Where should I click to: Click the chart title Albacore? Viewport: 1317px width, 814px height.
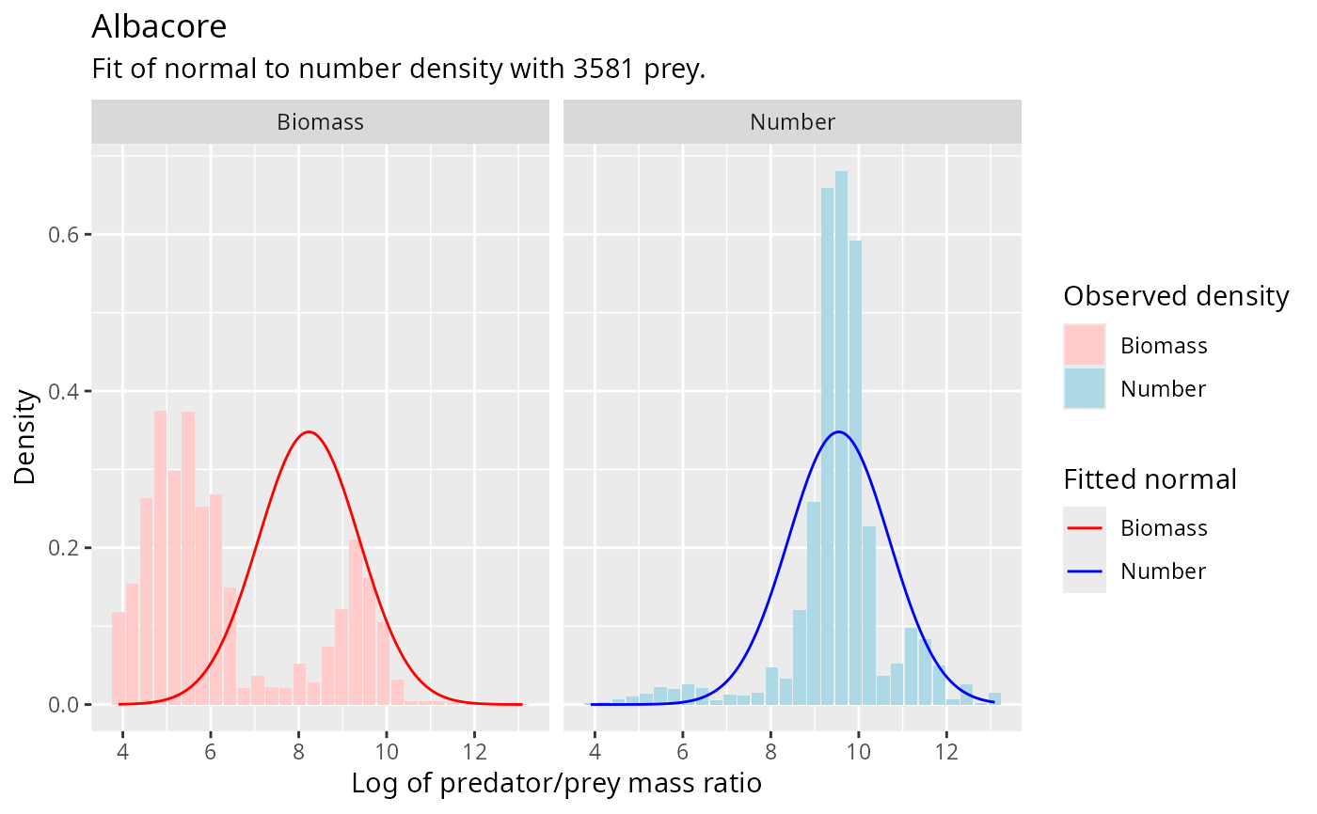click(159, 26)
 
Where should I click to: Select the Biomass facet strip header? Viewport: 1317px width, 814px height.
click(320, 121)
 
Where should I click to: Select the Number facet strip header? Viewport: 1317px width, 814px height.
click(792, 121)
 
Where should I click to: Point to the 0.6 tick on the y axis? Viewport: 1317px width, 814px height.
click(64, 234)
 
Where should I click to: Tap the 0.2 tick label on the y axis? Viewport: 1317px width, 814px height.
click(64, 548)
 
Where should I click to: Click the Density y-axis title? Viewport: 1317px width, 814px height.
click(25, 437)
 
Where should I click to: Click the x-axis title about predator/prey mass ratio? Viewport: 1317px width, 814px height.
click(556, 783)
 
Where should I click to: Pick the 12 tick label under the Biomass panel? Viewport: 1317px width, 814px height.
click(474, 752)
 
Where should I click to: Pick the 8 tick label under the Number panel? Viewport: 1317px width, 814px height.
click(770, 752)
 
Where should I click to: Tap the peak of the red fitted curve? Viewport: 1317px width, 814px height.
click(308, 432)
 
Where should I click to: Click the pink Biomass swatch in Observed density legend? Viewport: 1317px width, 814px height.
click(1085, 345)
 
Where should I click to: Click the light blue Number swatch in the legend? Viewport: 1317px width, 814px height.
click(1085, 388)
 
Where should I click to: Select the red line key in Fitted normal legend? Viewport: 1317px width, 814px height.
click(1085, 527)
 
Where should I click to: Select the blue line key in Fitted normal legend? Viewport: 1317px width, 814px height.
click(1085, 571)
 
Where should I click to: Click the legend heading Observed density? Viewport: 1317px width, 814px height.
click(1175, 296)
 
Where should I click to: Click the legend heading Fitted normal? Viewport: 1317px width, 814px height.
click(1149, 479)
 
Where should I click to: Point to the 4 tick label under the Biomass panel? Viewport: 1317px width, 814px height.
click(123, 752)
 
